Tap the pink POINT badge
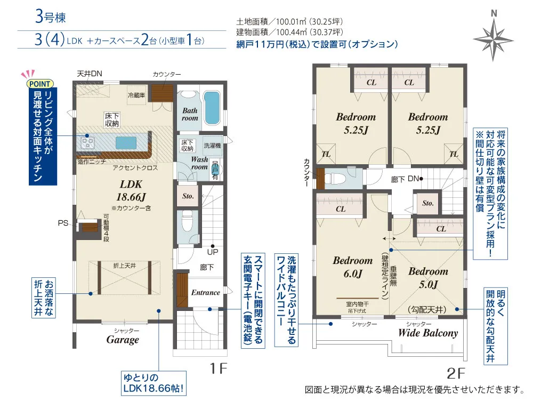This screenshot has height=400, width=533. pos(40,84)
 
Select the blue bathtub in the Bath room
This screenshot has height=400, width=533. pos(212,108)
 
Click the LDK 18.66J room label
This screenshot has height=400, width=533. pos(131,190)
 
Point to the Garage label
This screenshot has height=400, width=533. pos(123,339)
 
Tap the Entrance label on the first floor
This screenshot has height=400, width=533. pos(205,292)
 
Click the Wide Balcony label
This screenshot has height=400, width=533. pos(428,333)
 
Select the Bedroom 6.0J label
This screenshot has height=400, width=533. pos(353,267)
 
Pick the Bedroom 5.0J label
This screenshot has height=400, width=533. pos(429,277)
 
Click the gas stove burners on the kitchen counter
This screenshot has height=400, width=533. pos(88,142)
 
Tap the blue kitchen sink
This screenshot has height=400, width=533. pos(126,143)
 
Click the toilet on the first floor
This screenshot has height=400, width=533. pos(188,221)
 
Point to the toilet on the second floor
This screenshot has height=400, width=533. pos(335,179)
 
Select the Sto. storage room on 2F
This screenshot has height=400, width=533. pos(427,203)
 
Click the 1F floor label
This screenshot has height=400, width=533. pos(218,369)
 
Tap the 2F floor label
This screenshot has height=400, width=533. pos(456,373)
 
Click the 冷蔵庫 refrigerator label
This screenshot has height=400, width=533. pos(136,95)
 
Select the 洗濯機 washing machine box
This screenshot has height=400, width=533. pos(213,146)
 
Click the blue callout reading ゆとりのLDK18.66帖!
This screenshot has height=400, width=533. pos(154,383)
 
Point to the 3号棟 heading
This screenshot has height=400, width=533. pos(50,17)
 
